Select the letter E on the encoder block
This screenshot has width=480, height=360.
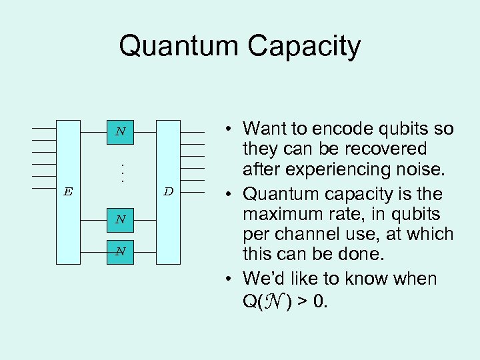click(68, 192)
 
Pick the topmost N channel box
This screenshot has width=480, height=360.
click(120, 132)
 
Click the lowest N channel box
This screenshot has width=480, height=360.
click(120, 251)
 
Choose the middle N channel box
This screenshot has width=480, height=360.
click(120, 219)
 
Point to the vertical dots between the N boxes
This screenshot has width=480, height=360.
click(121, 174)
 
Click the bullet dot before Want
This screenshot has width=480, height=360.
click(227, 129)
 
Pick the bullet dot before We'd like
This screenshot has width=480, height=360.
click(227, 279)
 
